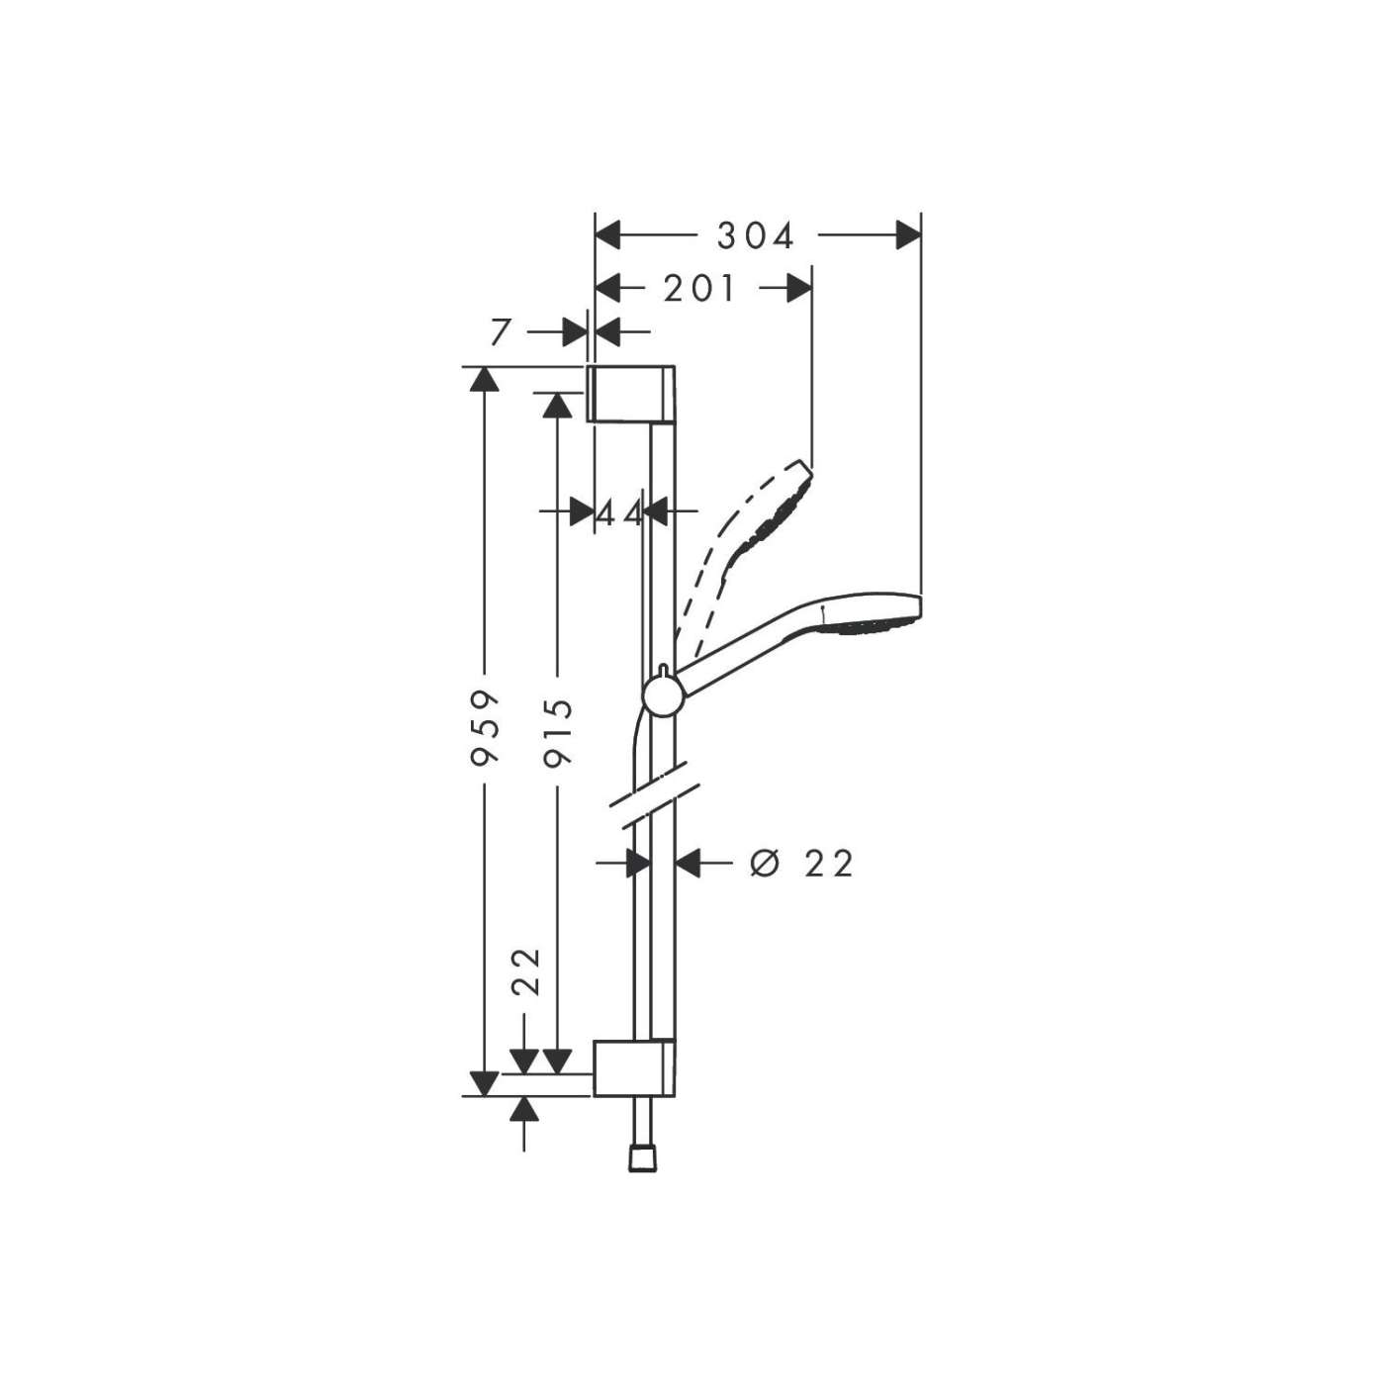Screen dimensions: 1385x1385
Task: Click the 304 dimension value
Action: (x=756, y=236)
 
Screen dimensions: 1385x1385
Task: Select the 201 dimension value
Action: (x=700, y=289)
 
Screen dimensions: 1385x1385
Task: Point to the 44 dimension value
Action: (x=620, y=512)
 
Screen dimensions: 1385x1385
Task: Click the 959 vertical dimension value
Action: (x=485, y=729)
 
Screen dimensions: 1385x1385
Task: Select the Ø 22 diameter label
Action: (x=801, y=863)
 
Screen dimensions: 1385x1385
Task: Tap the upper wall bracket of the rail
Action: (x=633, y=394)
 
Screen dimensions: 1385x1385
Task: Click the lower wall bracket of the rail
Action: (x=634, y=1068)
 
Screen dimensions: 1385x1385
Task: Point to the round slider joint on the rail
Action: (x=661, y=696)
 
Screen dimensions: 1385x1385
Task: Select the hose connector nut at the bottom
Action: (x=642, y=1158)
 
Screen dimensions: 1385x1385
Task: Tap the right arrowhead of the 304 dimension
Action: (x=907, y=235)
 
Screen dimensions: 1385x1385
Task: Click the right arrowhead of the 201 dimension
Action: (x=799, y=289)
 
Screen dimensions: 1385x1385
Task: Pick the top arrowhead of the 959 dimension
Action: (x=484, y=380)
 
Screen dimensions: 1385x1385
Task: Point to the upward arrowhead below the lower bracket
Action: (x=524, y=1109)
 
